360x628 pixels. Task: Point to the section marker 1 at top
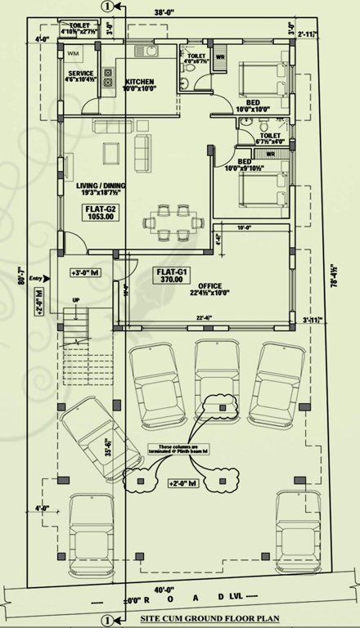[105, 6]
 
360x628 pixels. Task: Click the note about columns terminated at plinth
[171, 449]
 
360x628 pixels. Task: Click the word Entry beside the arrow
[34, 279]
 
